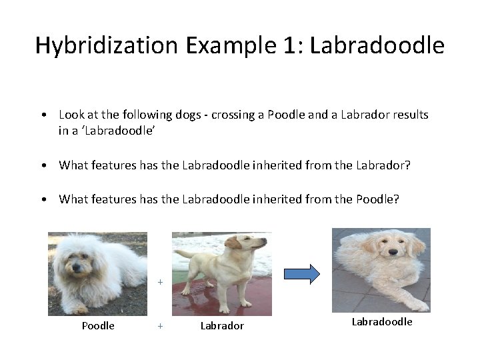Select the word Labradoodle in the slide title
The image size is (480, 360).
coord(377,45)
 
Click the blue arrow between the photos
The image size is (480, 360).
coord(302,274)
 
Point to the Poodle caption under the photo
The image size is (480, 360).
coord(98,325)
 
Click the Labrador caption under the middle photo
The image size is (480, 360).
coord(222,325)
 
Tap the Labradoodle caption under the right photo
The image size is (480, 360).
coord(382,321)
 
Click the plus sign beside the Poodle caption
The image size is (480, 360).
coord(160,325)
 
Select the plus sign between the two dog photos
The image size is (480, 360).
coord(160,282)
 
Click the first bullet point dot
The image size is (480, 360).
coord(43,115)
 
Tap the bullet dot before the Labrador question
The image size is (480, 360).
coord(43,165)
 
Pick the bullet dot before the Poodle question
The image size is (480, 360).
coord(43,199)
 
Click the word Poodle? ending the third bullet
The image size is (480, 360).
coord(378,199)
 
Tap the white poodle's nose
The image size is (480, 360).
coord(76,268)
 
